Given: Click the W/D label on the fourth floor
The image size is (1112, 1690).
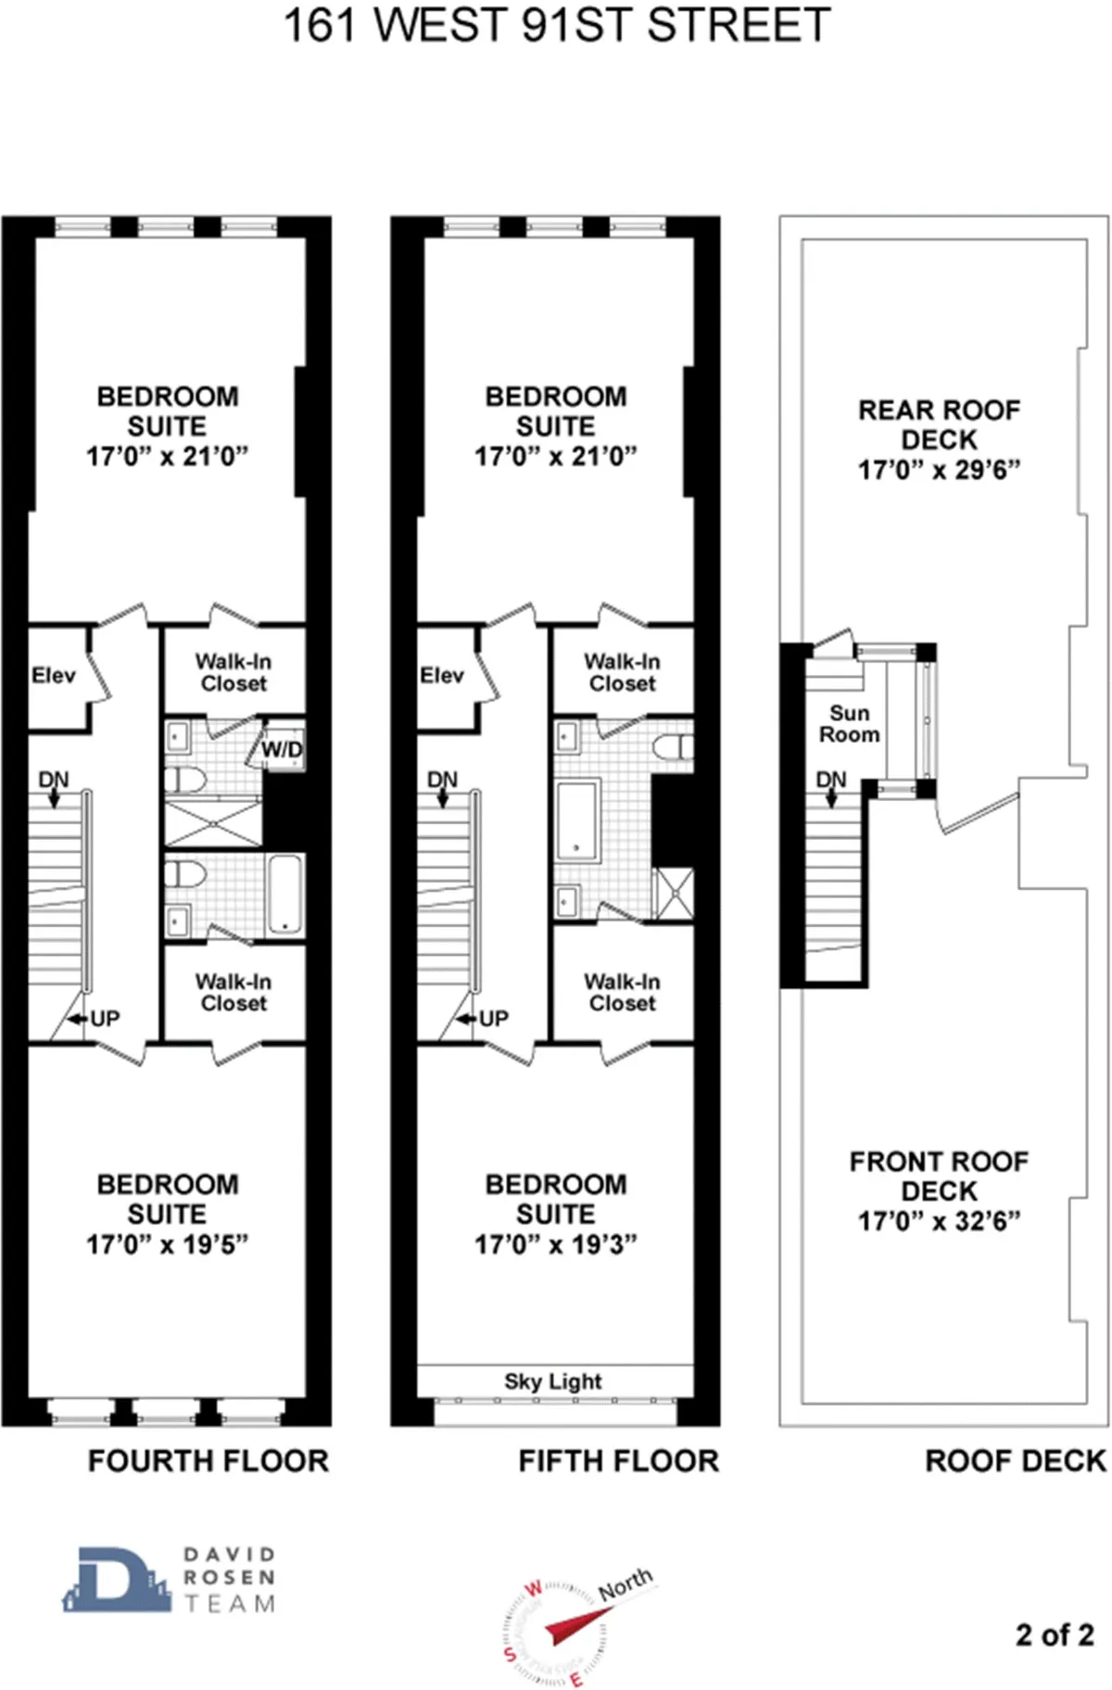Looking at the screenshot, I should [282, 749].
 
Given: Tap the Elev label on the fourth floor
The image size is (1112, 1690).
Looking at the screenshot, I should [53, 675].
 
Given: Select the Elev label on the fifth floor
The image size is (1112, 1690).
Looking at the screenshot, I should [441, 675].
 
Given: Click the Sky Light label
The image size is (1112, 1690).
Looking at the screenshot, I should [553, 1381].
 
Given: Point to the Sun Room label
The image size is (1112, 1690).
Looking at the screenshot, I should [849, 724].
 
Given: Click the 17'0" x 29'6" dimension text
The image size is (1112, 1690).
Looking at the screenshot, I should [939, 470].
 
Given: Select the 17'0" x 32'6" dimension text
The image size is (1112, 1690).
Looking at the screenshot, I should [939, 1221].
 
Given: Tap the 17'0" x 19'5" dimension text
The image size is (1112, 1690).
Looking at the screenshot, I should [167, 1244].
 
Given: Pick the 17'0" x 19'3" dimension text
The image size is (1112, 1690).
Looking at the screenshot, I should [556, 1244].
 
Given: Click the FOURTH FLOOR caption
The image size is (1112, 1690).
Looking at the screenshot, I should [208, 1461].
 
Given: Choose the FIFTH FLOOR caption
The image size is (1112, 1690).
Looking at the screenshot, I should [618, 1461].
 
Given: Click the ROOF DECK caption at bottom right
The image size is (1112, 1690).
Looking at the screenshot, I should [1016, 1461].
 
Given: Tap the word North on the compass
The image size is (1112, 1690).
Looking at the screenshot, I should [625, 1584].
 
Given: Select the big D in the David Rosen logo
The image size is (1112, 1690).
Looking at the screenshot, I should [117, 1579].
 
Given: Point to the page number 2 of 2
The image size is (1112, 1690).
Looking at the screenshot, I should [1055, 1634].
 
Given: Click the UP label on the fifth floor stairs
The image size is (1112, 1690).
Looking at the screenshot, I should [493, 1019].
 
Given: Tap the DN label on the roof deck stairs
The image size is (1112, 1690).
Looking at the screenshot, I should [831, 780].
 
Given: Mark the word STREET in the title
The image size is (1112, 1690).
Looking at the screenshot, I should [739, 26].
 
